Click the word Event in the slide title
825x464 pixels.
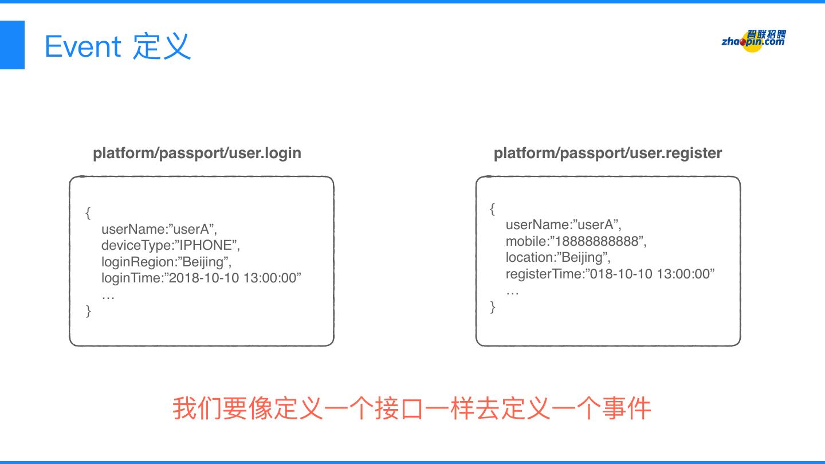[82, 46]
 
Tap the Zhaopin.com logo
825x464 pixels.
[753, 41]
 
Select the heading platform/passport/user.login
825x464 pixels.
[197, 153]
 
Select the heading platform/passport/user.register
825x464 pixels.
[607, 153]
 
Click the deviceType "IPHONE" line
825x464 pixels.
[170, 245]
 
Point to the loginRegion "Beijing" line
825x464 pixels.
[166, 262]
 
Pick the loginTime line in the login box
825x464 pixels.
[201, 278]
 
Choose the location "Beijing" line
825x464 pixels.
[557, 257]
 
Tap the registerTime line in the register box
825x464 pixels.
[610, 274]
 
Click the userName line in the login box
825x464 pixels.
[159, 229]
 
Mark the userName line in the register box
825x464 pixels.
[563, 225]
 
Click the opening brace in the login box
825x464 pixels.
[88, 213]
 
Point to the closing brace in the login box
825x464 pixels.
[88, 311]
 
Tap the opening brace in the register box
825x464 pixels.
[492, 209]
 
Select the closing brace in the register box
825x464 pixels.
[493, 307]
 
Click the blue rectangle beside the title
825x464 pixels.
[12, 45]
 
